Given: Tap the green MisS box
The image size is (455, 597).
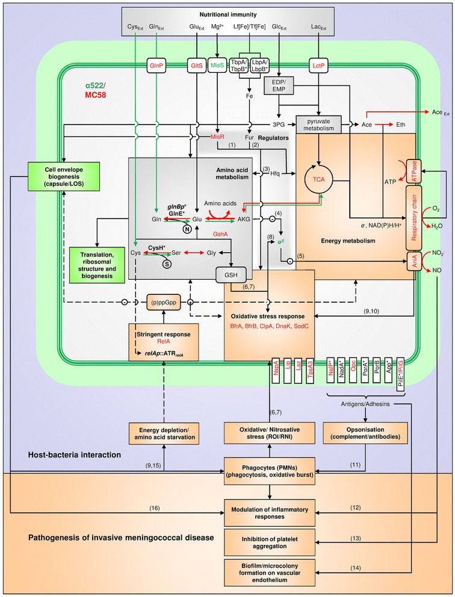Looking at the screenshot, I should (219, 64).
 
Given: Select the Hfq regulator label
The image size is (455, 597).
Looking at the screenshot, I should (274, 173).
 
